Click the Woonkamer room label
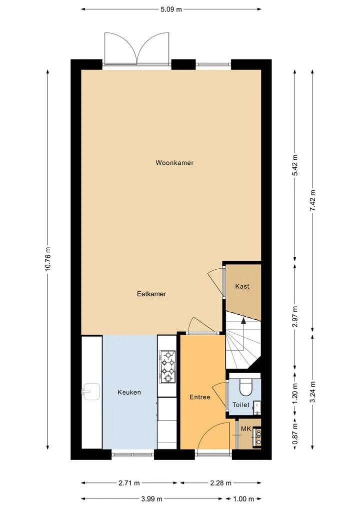tap(174, 163)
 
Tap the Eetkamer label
tap(151, 294)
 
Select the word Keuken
tap(129, 392)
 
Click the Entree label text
tap(200, 397)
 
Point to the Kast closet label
tap(242, 286)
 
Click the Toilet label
tap(241, 405)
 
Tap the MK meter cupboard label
tap(246, 429)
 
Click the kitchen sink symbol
tap(90, 392)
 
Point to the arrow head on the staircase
tap(243, 321)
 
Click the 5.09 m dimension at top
tap(171, 9)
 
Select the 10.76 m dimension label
tap(48, 259)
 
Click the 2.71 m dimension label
tap(129, 483)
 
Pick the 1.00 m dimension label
tap(243, 499)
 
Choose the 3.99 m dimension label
tap(151, 499)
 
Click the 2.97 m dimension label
tap(295, 316)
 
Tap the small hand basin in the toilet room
tap(257, 408)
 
